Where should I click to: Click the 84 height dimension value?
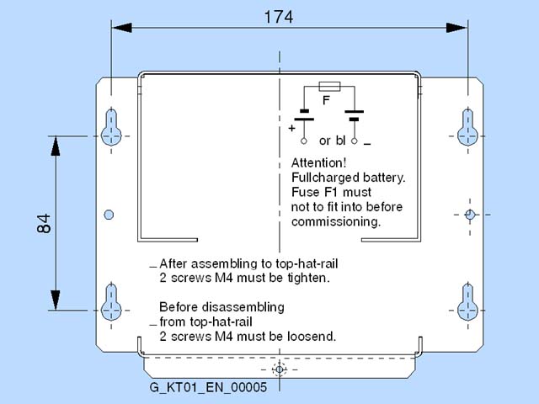(45, 223)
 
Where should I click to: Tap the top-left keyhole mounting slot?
(111, 127)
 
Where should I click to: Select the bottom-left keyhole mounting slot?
(111, 303)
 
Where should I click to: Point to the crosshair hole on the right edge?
(471, 215)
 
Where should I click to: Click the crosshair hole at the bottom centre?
(280, 369)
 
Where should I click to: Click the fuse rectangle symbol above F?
(329, 86)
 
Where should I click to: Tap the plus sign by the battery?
(292, 129)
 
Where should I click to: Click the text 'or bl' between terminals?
(333, 141)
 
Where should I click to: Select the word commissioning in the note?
(336, 222)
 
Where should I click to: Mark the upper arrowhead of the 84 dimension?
(56, 145)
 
